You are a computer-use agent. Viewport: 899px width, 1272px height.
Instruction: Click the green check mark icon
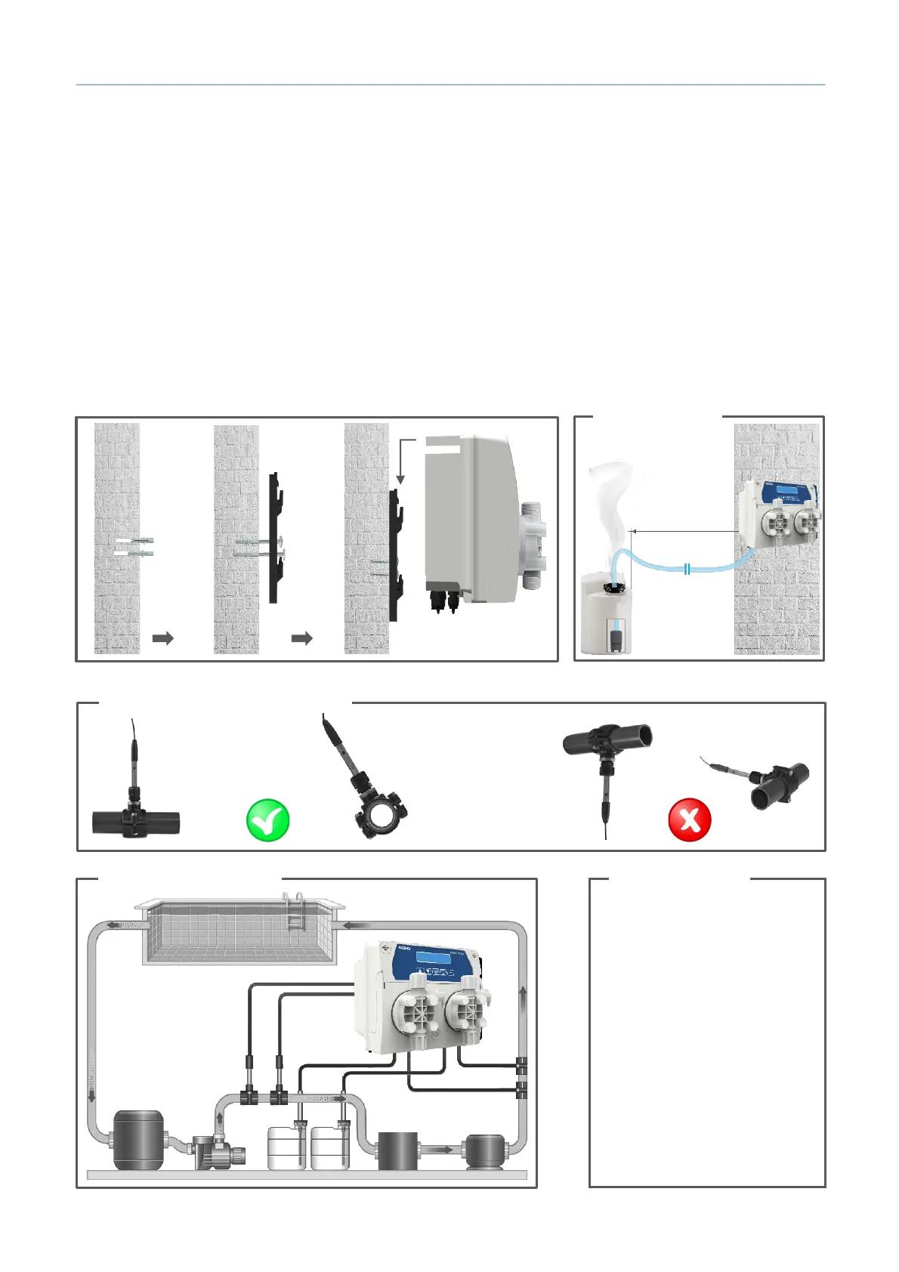[268, 820]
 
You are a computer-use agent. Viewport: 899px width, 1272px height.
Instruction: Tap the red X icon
[690, 820]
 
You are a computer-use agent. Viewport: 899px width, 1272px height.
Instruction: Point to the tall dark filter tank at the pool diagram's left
[137, 1139]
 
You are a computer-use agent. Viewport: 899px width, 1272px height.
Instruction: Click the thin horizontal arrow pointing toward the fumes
[684, 532]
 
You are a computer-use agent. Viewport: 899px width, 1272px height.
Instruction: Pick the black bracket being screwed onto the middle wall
[276, 538]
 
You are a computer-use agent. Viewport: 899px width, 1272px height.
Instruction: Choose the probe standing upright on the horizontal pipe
[134, 763]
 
